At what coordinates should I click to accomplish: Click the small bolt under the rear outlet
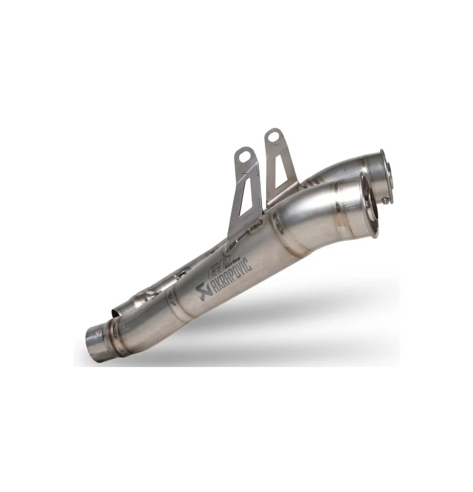[384, 199]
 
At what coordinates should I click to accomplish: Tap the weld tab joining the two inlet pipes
[147, 296]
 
